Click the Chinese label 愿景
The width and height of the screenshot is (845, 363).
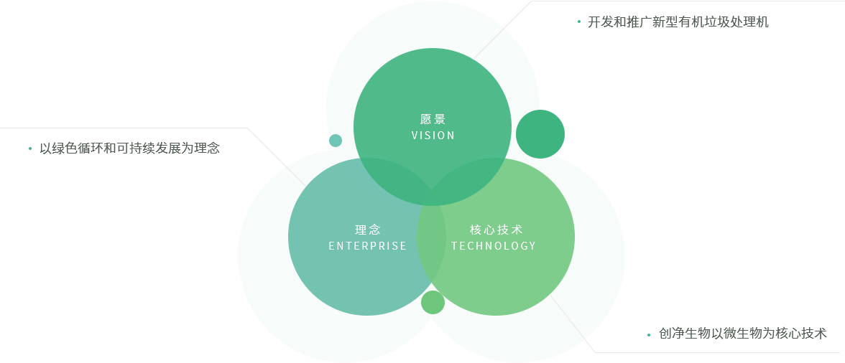(x=433, y=119)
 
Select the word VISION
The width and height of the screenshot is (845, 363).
(x=433, y=136)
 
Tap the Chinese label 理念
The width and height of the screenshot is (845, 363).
(x=367, y=230)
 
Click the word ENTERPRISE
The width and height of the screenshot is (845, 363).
(x=367, y=246)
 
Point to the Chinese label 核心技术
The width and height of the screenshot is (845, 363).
(x=496, y=230)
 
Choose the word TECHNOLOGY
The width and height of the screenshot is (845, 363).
(x=494, y=246)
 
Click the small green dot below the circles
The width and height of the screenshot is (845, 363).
(x=433, y=302)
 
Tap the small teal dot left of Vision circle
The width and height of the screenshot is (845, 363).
(x=336, y=140)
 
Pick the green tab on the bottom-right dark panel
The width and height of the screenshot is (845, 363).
(x=642, y=322)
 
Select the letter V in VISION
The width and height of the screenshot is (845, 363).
(x=415, y=136)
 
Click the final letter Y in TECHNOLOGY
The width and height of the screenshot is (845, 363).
(x=532, y=246)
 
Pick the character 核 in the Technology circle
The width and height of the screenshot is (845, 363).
(x=475, y=230)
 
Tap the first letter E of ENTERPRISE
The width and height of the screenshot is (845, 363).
(x=331, y=246)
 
